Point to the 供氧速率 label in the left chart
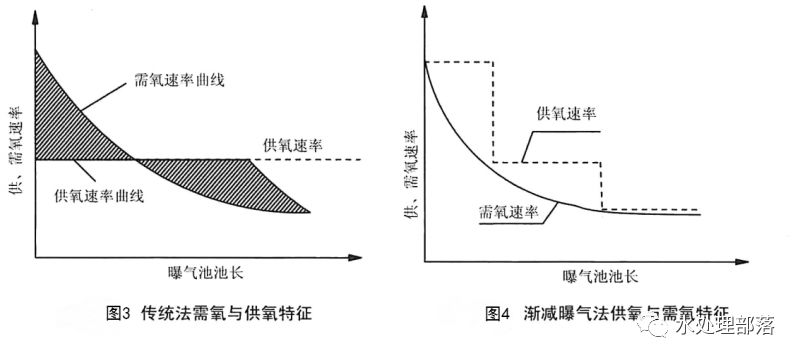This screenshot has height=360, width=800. pos(291,143)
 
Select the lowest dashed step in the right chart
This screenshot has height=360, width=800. pos(650,209)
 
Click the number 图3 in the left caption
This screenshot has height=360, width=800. pos(119,313)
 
